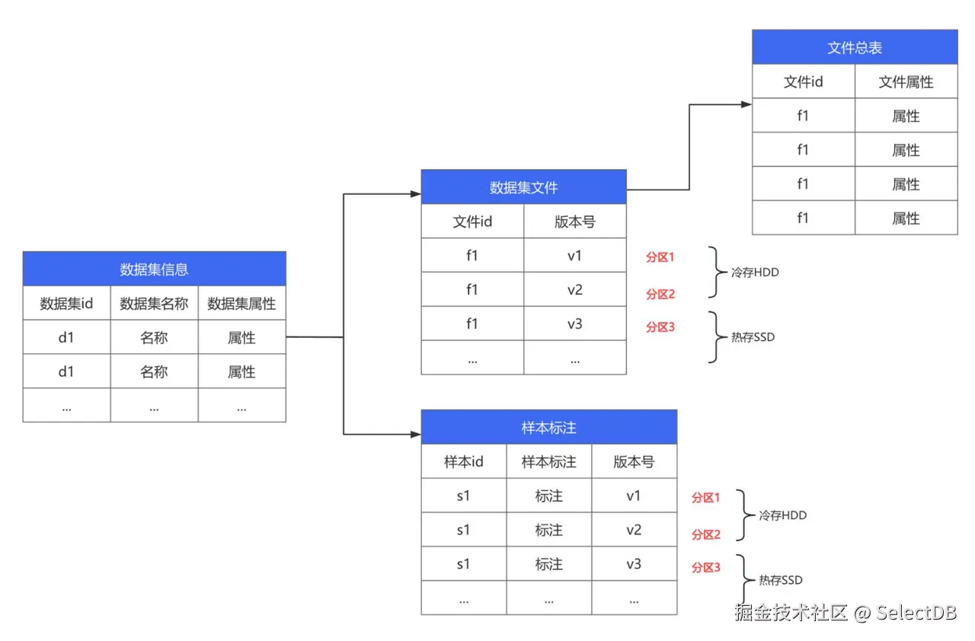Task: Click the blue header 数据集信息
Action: click(x=154, y=269)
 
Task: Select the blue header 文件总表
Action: click(x=855, y=47)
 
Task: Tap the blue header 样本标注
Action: click(x=548, y=427)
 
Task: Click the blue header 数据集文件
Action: click(x=523, y=187)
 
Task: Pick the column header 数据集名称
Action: click(x=154, y=304)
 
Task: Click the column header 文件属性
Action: click(x=906, y=81)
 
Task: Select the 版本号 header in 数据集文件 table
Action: click(x=574, y=222)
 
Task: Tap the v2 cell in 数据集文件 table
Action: click(x=574, y=289)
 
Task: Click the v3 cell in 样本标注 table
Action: click(x=634, y=563)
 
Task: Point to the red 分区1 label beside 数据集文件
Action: click(x=660, y=257)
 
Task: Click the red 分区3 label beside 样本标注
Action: click(x=705, y=567)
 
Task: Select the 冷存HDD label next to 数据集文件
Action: click(x=755, y=272)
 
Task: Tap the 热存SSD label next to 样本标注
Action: click(x=780, y=580)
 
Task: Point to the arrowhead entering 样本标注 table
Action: click(x=416, y=435)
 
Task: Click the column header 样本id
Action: click(x=463, y=461)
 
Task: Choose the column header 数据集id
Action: click(x=66, y=304)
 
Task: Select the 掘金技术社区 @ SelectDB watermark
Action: click(x=845, y=612)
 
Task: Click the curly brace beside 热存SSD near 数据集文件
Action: click(x=714, y=336)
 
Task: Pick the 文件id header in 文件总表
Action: click(x=803, y=81)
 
